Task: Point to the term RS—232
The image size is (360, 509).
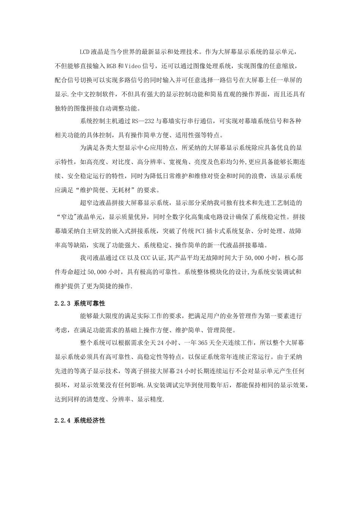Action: pyautogui.click(x=144, y=122)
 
